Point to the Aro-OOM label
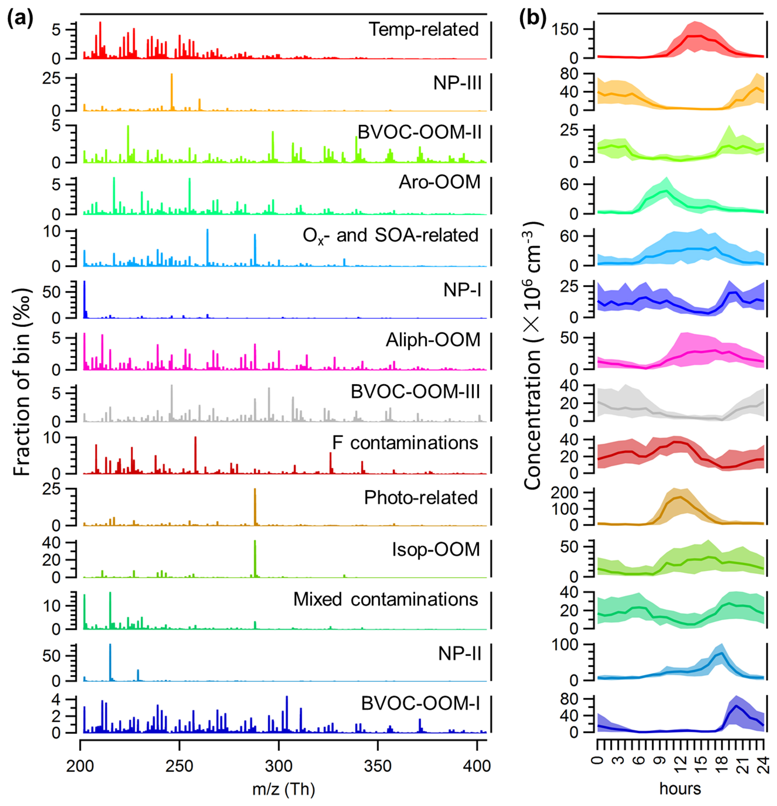pyautogui.click(x=439, y=182)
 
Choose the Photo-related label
pyautogui.click(x=421, y=498)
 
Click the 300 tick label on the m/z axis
pyautogui.click(x=279, y=766)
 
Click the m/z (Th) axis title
pyautogui.click(x=284, y=789)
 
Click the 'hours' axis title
pyautogui.click(x=680, y=789)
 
